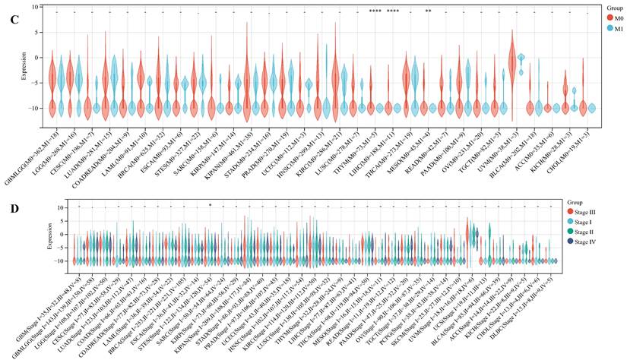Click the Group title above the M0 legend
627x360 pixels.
point(598,6)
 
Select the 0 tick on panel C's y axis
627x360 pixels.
point(36,57)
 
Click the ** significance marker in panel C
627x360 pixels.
point(429,11)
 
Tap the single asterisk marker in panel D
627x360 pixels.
point(210,204)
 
